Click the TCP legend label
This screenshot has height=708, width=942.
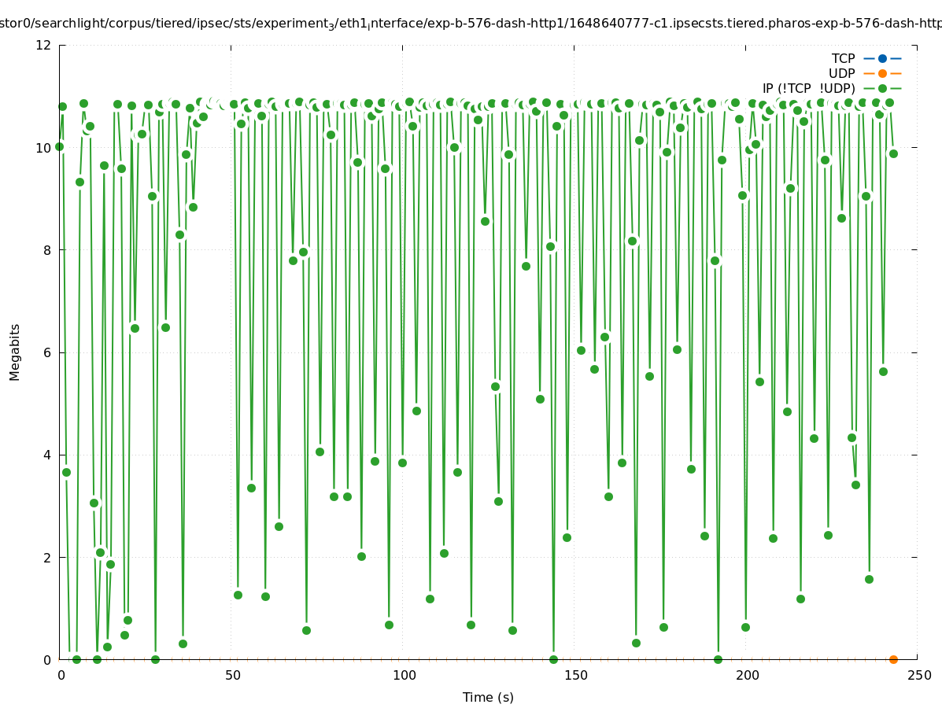843,58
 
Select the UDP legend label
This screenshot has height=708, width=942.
841,73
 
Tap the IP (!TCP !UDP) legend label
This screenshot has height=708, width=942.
808,88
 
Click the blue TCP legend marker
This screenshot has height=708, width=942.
882,58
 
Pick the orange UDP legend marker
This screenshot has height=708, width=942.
882,73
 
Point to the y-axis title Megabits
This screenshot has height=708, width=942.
15,352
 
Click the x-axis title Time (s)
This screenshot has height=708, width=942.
488,697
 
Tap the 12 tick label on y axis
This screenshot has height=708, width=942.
44,45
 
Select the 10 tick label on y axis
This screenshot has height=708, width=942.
44,148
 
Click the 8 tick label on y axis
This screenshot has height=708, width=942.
48,250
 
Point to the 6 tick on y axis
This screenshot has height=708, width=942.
48,352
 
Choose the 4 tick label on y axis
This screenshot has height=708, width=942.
48,455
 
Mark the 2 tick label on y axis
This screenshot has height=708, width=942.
48,558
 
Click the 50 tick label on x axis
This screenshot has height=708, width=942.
232,675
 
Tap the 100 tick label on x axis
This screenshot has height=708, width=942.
404,675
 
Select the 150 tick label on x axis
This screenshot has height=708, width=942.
575,675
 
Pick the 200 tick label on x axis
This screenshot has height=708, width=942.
747,675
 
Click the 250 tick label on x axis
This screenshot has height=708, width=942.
918,675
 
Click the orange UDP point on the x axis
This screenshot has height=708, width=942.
893,659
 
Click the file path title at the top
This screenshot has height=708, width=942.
471,24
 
